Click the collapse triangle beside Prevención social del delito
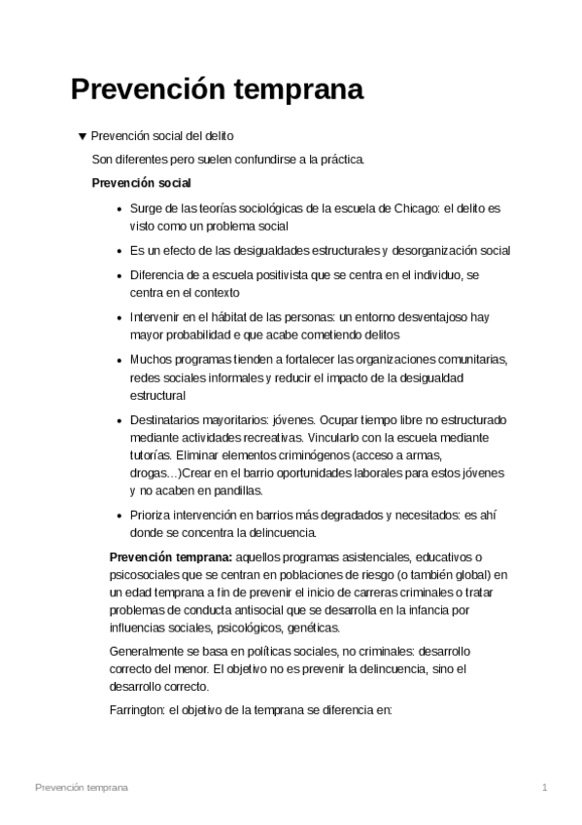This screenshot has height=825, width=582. click(x=82, y=136)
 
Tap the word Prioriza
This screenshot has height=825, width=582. click(x=153, y=516)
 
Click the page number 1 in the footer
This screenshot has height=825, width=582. click(x=545, y=786)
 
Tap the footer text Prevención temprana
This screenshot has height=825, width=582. click(x=81, y=786)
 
